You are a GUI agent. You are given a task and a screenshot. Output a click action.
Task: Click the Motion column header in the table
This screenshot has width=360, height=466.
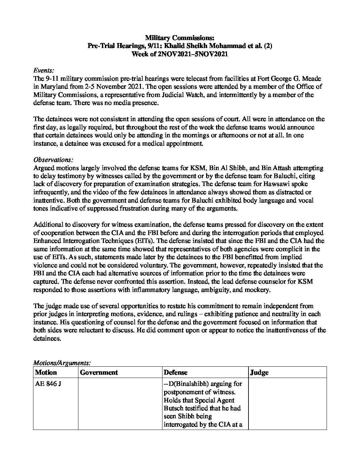point(46,372)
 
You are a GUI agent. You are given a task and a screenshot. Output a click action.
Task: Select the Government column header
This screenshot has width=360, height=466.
point(99,372)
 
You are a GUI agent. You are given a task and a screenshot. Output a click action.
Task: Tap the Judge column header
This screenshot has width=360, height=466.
point(259,372)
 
